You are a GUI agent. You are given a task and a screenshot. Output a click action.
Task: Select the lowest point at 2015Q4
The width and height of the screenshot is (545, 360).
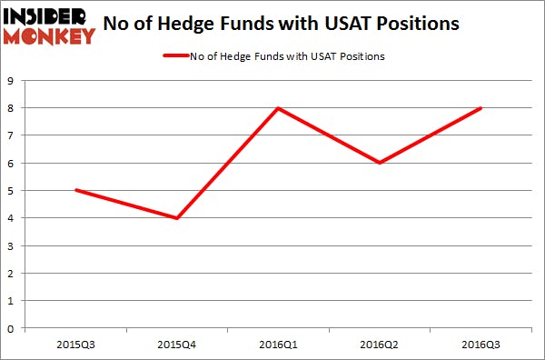point(176,218)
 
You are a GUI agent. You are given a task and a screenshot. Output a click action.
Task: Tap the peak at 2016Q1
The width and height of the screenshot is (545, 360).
point(277,108)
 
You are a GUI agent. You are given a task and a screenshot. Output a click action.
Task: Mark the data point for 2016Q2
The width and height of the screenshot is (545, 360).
point(379,163)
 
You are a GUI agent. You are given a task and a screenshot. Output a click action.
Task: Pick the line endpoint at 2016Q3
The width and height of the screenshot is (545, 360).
point(481,108)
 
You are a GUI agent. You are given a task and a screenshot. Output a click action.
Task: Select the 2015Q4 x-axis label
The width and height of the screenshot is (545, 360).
point(176,345)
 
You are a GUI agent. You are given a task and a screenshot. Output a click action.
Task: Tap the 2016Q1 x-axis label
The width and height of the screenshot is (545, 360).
point(277,345)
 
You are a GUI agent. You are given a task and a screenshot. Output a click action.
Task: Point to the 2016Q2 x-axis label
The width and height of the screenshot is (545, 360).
point(379,345)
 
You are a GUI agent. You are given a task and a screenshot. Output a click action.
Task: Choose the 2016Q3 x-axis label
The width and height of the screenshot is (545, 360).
point(481,345)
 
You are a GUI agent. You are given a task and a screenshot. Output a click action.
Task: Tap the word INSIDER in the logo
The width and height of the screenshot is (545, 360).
point(47,15)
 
